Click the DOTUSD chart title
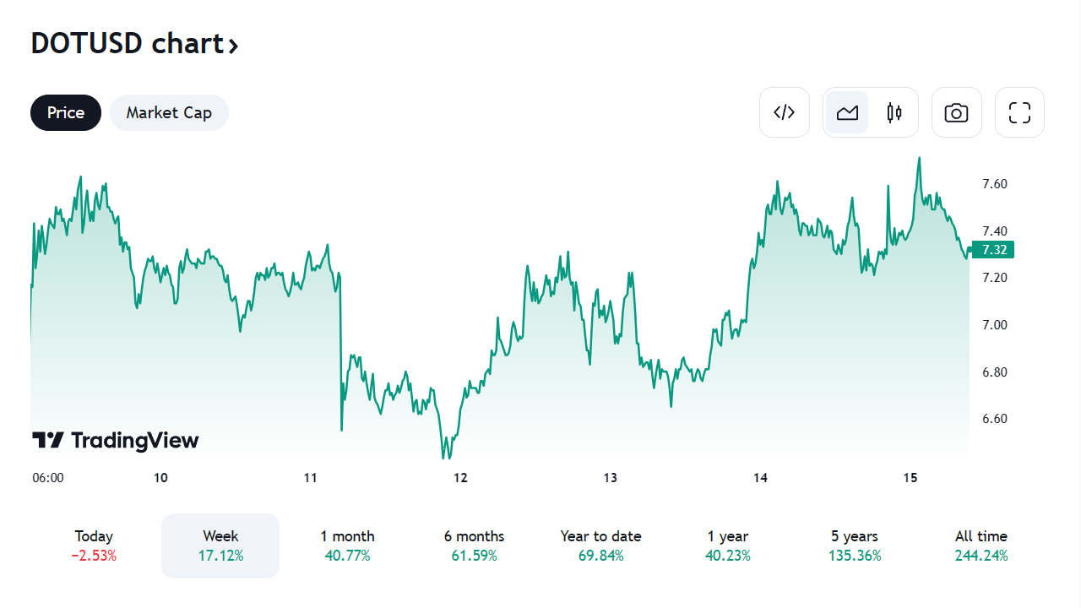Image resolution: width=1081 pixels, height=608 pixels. [x=134, y=43]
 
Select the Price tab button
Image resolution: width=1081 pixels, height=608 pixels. [x=66, y=113]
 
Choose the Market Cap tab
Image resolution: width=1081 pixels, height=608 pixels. [x=169, y=113]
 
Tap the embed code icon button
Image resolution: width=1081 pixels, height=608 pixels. [x=785, y=112]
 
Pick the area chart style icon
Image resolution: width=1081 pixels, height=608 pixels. [x=847, y=112]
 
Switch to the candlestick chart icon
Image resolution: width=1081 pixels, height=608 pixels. [x=894, y=112]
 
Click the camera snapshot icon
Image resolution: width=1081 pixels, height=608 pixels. [x=956, y=112]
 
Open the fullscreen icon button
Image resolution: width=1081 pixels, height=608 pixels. [x=1019, y=112]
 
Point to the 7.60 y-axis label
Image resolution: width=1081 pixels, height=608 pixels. [x=994, y=184]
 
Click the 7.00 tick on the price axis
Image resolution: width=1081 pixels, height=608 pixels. [x=994, y=325]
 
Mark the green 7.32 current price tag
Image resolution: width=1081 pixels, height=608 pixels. [x=993, y=250]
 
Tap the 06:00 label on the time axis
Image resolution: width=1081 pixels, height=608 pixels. [x=48, y=478]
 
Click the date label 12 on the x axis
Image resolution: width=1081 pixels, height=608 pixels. [x=460, y=478]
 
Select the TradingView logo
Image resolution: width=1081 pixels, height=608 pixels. [x=116, y=440]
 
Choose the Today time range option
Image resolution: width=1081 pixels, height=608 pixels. [x=94, y=546]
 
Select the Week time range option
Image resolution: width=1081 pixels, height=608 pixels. [x=220, y=546]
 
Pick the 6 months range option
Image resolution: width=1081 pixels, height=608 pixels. [x=474, y=546]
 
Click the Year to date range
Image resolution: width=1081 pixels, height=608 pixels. [x=600, y=546]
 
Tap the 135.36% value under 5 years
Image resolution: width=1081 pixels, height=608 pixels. [x=854, y=556]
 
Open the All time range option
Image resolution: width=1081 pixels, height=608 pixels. [x=981, y=546]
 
